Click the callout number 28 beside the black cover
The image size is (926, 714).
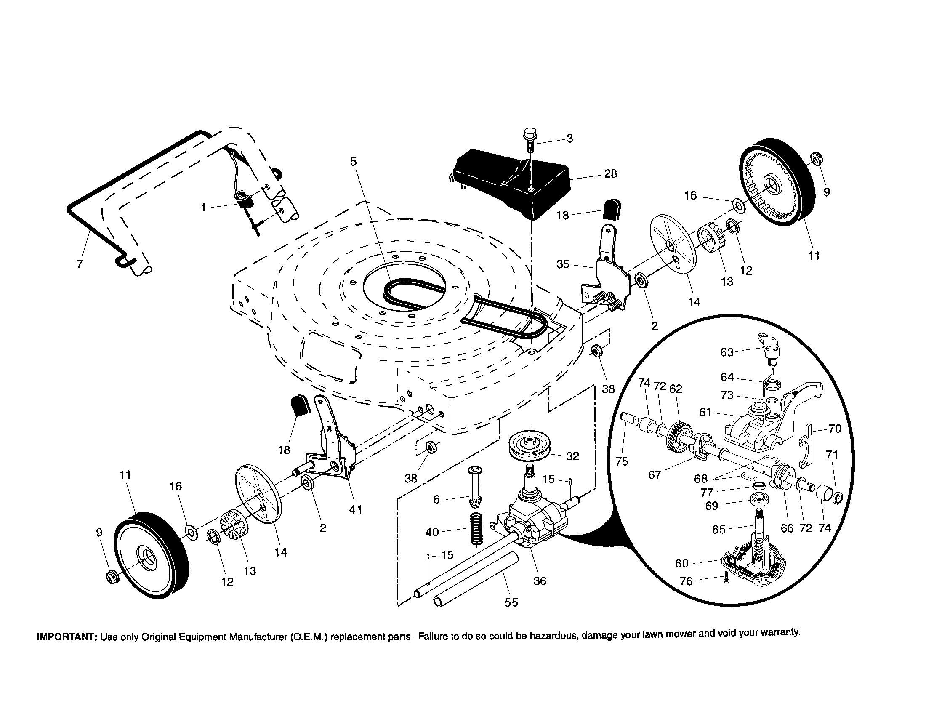coord(610,174)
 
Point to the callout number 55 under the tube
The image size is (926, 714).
coord(511,602)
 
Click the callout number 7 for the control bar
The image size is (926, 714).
coord(80,264)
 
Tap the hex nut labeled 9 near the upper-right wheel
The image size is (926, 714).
coord(815,160)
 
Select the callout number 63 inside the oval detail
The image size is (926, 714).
coord(727,352)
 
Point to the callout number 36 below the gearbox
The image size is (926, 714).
coord(540,581)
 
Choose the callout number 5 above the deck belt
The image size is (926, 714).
coord(354,162)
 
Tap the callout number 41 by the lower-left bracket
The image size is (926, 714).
coord(355,510)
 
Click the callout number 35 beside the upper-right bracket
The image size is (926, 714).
coord(563,264)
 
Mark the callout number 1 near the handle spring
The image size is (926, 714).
coord(204,208)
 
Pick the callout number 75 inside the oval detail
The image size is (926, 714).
coord(622,462)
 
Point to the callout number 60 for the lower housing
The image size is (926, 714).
coord(682,563)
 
